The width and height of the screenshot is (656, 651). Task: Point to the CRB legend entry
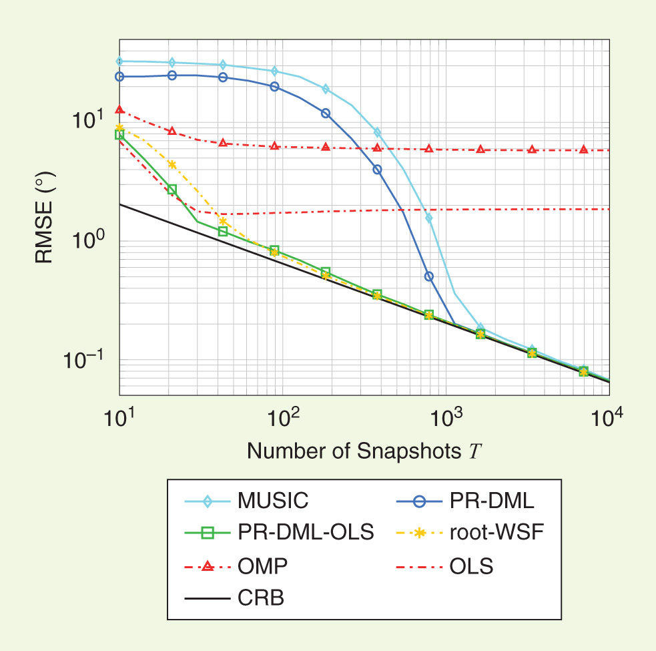pos(238,598)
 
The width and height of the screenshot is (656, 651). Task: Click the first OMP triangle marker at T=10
pos(119,110)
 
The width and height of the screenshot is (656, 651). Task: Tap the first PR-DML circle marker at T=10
pos(119,77)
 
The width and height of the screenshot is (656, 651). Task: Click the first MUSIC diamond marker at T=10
pos(119,61)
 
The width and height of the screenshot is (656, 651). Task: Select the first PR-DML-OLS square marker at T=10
pos(119,135)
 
